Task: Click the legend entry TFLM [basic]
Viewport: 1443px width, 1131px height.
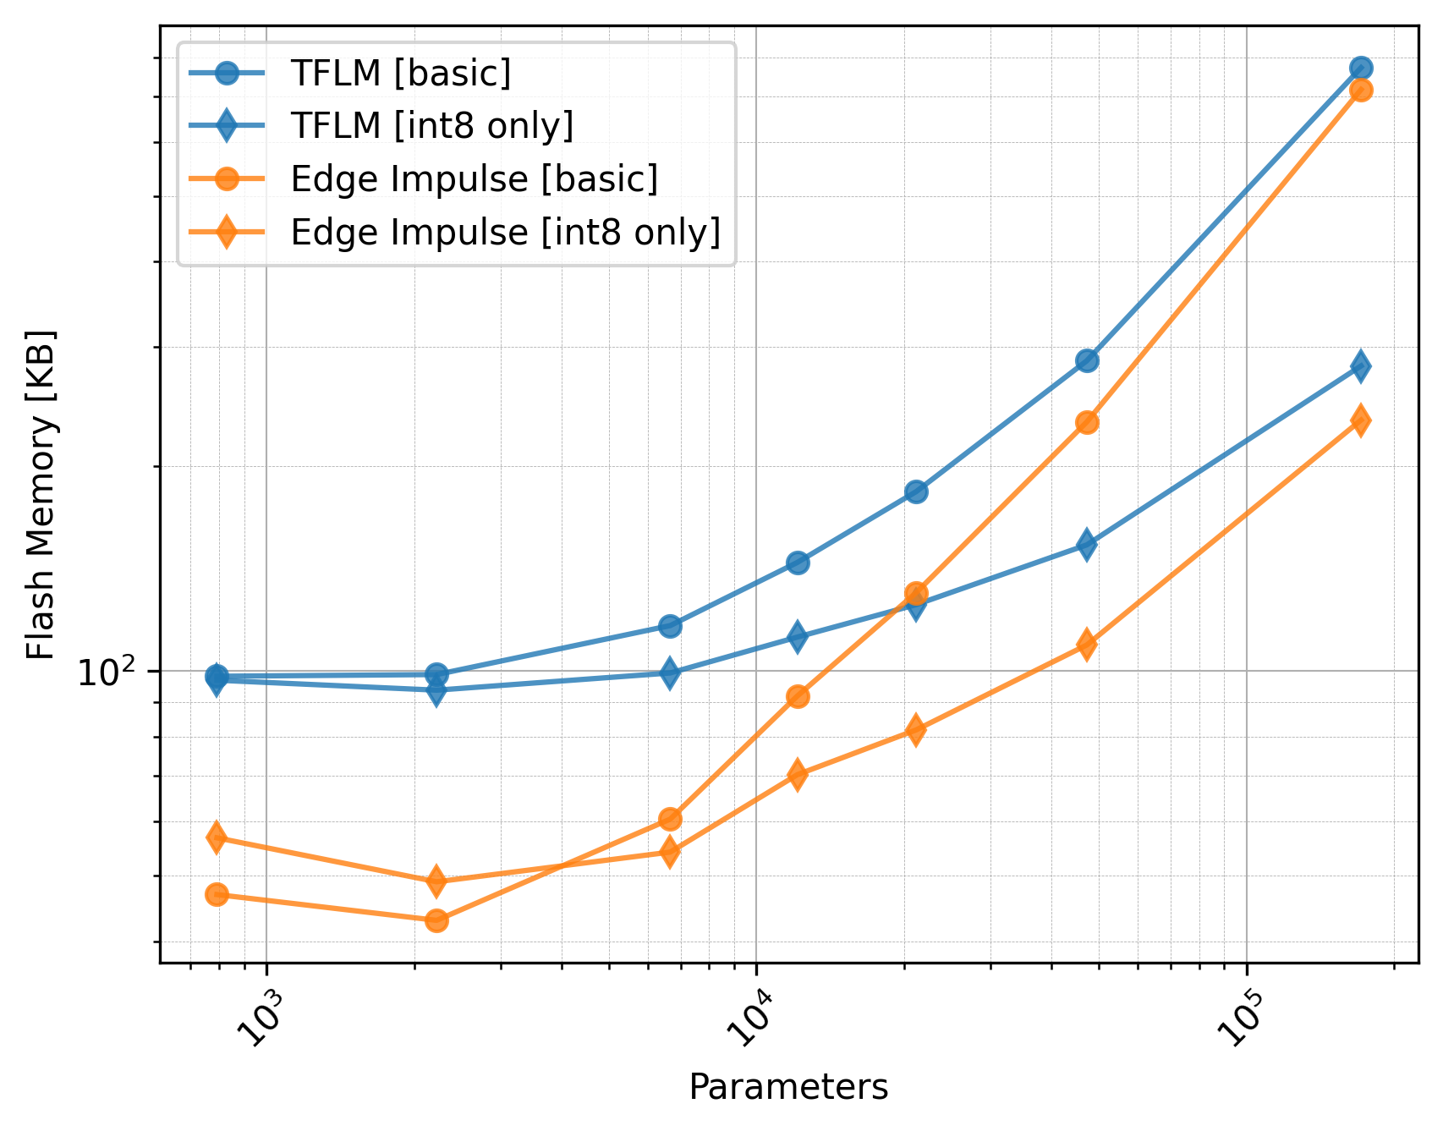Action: point(400,74)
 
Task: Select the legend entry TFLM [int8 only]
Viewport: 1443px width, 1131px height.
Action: point(431,126)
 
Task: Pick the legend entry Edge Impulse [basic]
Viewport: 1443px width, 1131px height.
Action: point(474,179)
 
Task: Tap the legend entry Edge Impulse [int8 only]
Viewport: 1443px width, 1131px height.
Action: point(505,232)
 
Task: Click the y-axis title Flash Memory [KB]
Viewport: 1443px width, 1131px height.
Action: point(41,494)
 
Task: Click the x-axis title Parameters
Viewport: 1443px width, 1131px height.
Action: point(788,1087)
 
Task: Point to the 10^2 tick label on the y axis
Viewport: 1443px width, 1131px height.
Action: point(107,673)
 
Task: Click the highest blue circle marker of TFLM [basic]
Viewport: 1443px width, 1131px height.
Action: point(1361,69)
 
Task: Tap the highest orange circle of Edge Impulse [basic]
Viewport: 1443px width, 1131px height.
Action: point(1361,90)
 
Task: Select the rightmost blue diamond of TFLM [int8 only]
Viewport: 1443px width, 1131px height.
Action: point(1361,366)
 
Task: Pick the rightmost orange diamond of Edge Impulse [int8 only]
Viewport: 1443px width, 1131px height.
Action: point(1361,420)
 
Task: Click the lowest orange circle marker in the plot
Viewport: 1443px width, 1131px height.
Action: point(436,920)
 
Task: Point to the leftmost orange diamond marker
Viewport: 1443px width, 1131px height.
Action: point(217,837)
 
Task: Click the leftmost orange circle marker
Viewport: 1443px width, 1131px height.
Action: point(217,895)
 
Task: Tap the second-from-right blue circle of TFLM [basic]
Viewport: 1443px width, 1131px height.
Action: point(1088,360)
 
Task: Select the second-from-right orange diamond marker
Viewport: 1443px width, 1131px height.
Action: point(1088,645)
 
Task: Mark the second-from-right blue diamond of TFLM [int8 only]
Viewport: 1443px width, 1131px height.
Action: point(1088,545)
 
